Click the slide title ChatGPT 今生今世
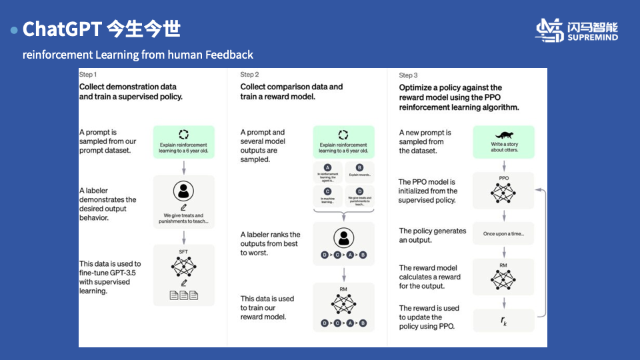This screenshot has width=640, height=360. [101, 29]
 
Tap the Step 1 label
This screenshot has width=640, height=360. [88, 74]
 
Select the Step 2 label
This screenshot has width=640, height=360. [249, 75]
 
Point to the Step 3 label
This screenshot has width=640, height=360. [408, 75]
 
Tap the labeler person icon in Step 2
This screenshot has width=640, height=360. [343, 237]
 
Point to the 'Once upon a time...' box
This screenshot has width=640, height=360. [503, 234]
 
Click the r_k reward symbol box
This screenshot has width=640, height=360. [503, 321]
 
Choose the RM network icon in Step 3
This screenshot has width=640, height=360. [503, 279]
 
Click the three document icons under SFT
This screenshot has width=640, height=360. [183, 295]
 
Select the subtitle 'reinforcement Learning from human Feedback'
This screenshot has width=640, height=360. [138, 55]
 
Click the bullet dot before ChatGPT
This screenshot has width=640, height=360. [14, 31]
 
